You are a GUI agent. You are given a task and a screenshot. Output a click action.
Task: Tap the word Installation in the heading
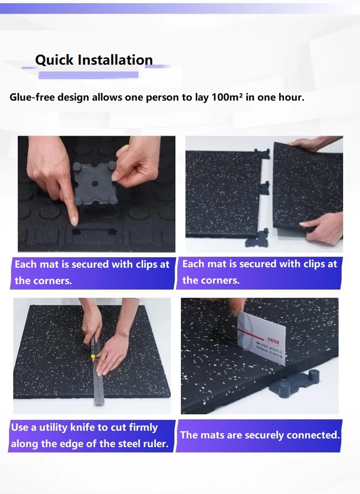[115, 60]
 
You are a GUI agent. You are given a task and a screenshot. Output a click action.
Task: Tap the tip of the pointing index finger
[74, 221]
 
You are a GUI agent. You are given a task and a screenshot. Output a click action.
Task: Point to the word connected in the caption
[318, 435]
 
